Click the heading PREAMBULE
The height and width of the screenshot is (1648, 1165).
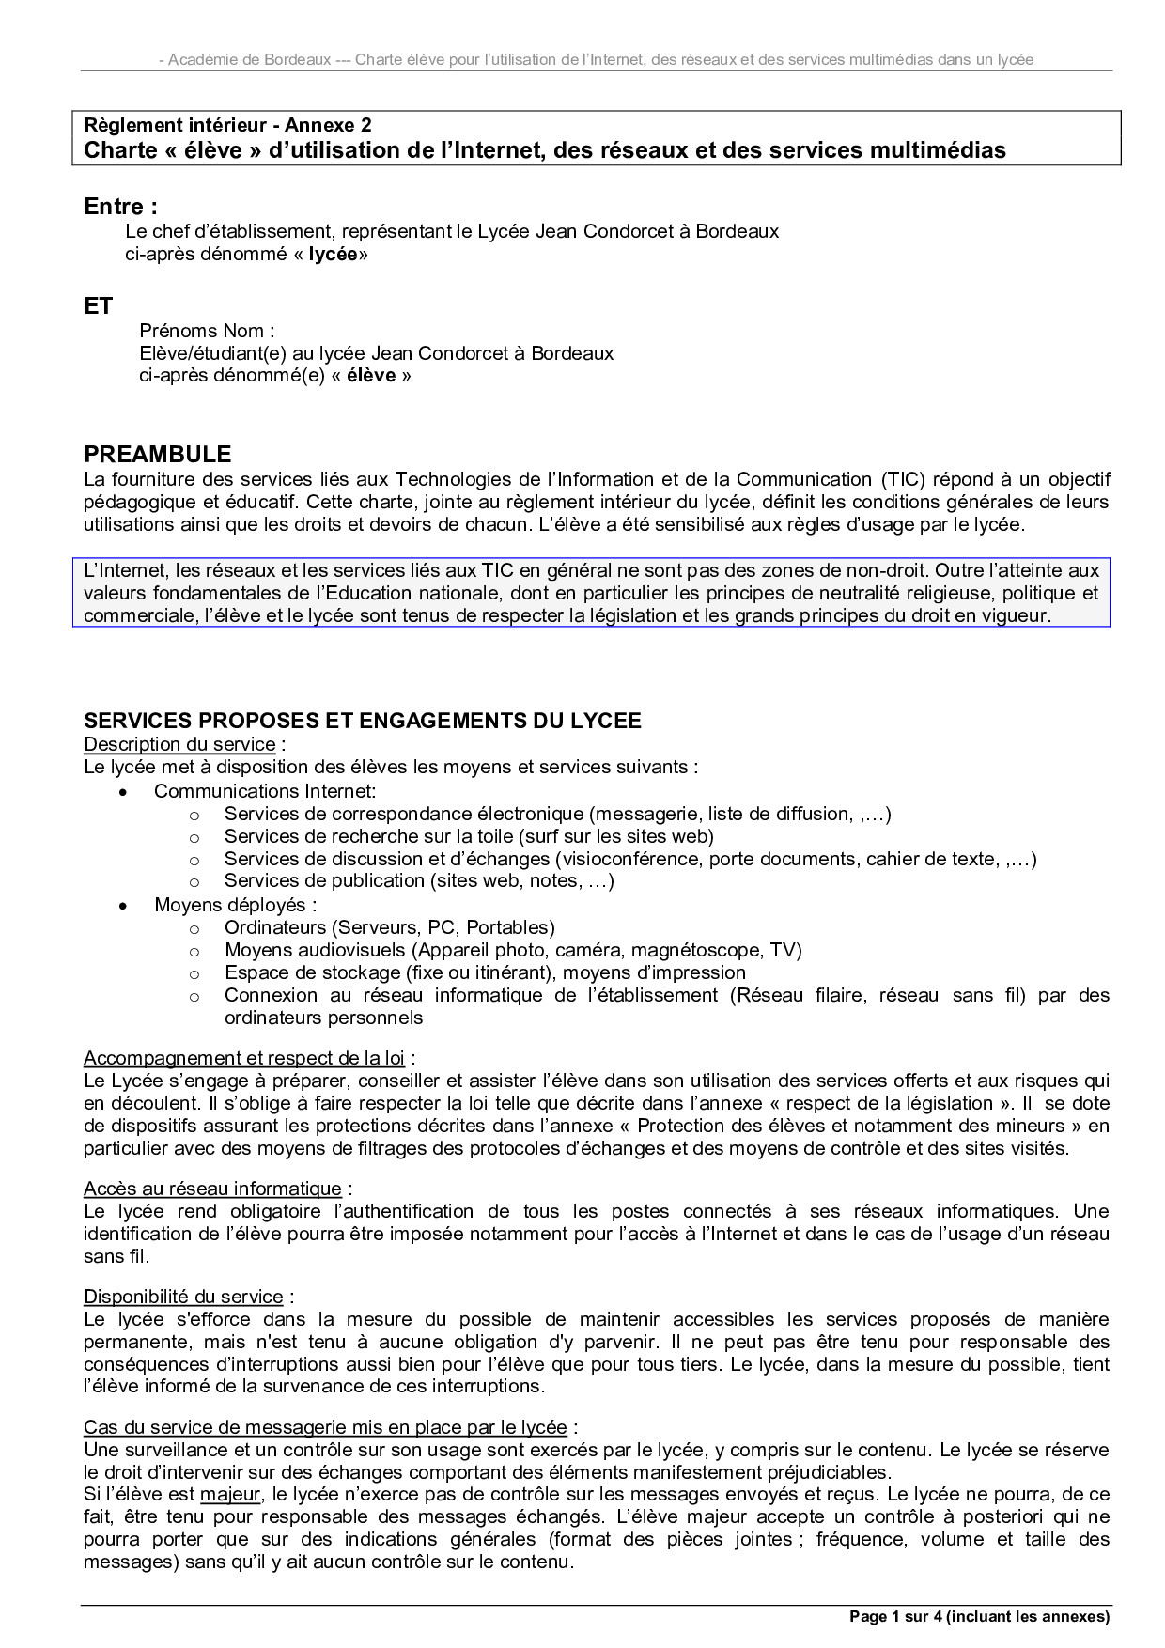(157, 454)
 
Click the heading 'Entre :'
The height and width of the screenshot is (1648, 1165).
(120, 207)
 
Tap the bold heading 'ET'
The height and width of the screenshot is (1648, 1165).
(99, 305)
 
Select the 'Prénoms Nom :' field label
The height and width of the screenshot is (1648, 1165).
(207, 331)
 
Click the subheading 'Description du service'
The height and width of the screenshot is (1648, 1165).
(179, 744)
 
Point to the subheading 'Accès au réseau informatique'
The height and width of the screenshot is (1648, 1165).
(212, 1189)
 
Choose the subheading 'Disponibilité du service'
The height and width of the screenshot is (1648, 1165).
(183, 1297)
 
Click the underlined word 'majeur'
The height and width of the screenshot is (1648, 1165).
(229, 1494)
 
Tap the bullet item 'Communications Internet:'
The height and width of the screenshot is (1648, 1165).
(265, 791)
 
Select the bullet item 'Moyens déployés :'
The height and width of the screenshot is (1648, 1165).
(236, 905)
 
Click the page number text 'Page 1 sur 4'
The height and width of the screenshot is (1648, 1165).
(894, 1617)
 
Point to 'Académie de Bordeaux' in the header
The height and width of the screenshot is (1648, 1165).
(250, 60)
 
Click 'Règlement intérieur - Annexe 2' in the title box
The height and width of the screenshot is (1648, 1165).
(227, 125)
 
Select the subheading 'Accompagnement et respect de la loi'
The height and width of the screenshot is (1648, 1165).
(244, 1058)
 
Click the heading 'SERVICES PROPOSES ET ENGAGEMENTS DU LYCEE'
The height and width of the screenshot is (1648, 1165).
(363, 721)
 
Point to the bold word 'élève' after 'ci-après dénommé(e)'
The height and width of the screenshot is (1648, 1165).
(371, 376)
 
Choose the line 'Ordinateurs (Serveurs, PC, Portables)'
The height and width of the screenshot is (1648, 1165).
(390, 927)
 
